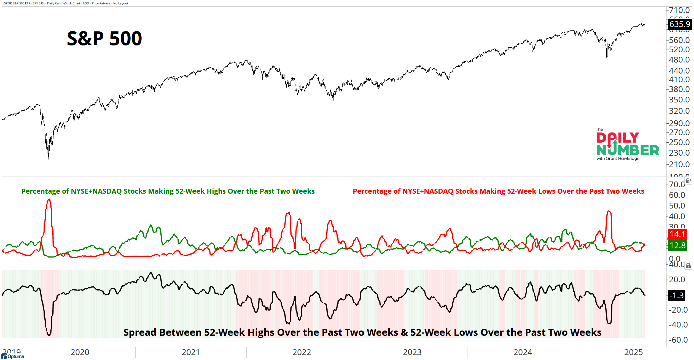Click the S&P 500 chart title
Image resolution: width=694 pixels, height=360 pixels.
coord(104,39)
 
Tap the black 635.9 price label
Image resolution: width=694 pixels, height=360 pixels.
coord(680,24)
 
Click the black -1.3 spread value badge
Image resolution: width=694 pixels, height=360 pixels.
coord(677,296)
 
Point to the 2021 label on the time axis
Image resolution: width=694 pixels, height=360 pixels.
coord(190,352)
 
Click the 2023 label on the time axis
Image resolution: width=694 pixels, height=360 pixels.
coord(412,352)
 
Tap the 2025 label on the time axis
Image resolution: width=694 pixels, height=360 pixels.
coord(633,352)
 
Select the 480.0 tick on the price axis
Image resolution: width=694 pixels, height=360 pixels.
coord(679,60)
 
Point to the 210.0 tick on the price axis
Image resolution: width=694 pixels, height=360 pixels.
coord(679,164)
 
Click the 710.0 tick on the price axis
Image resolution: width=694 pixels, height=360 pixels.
coord(679,10)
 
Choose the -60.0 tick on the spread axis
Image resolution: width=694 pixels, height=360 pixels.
coord(678,340)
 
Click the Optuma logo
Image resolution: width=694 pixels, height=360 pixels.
coord(13,356)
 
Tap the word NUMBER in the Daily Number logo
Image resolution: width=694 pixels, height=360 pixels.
coord(628,150)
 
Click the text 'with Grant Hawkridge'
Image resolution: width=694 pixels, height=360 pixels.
coord(618,159)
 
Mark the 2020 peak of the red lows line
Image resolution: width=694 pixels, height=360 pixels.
coord(49,199)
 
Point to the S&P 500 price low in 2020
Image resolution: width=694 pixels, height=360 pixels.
coord(49,159)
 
